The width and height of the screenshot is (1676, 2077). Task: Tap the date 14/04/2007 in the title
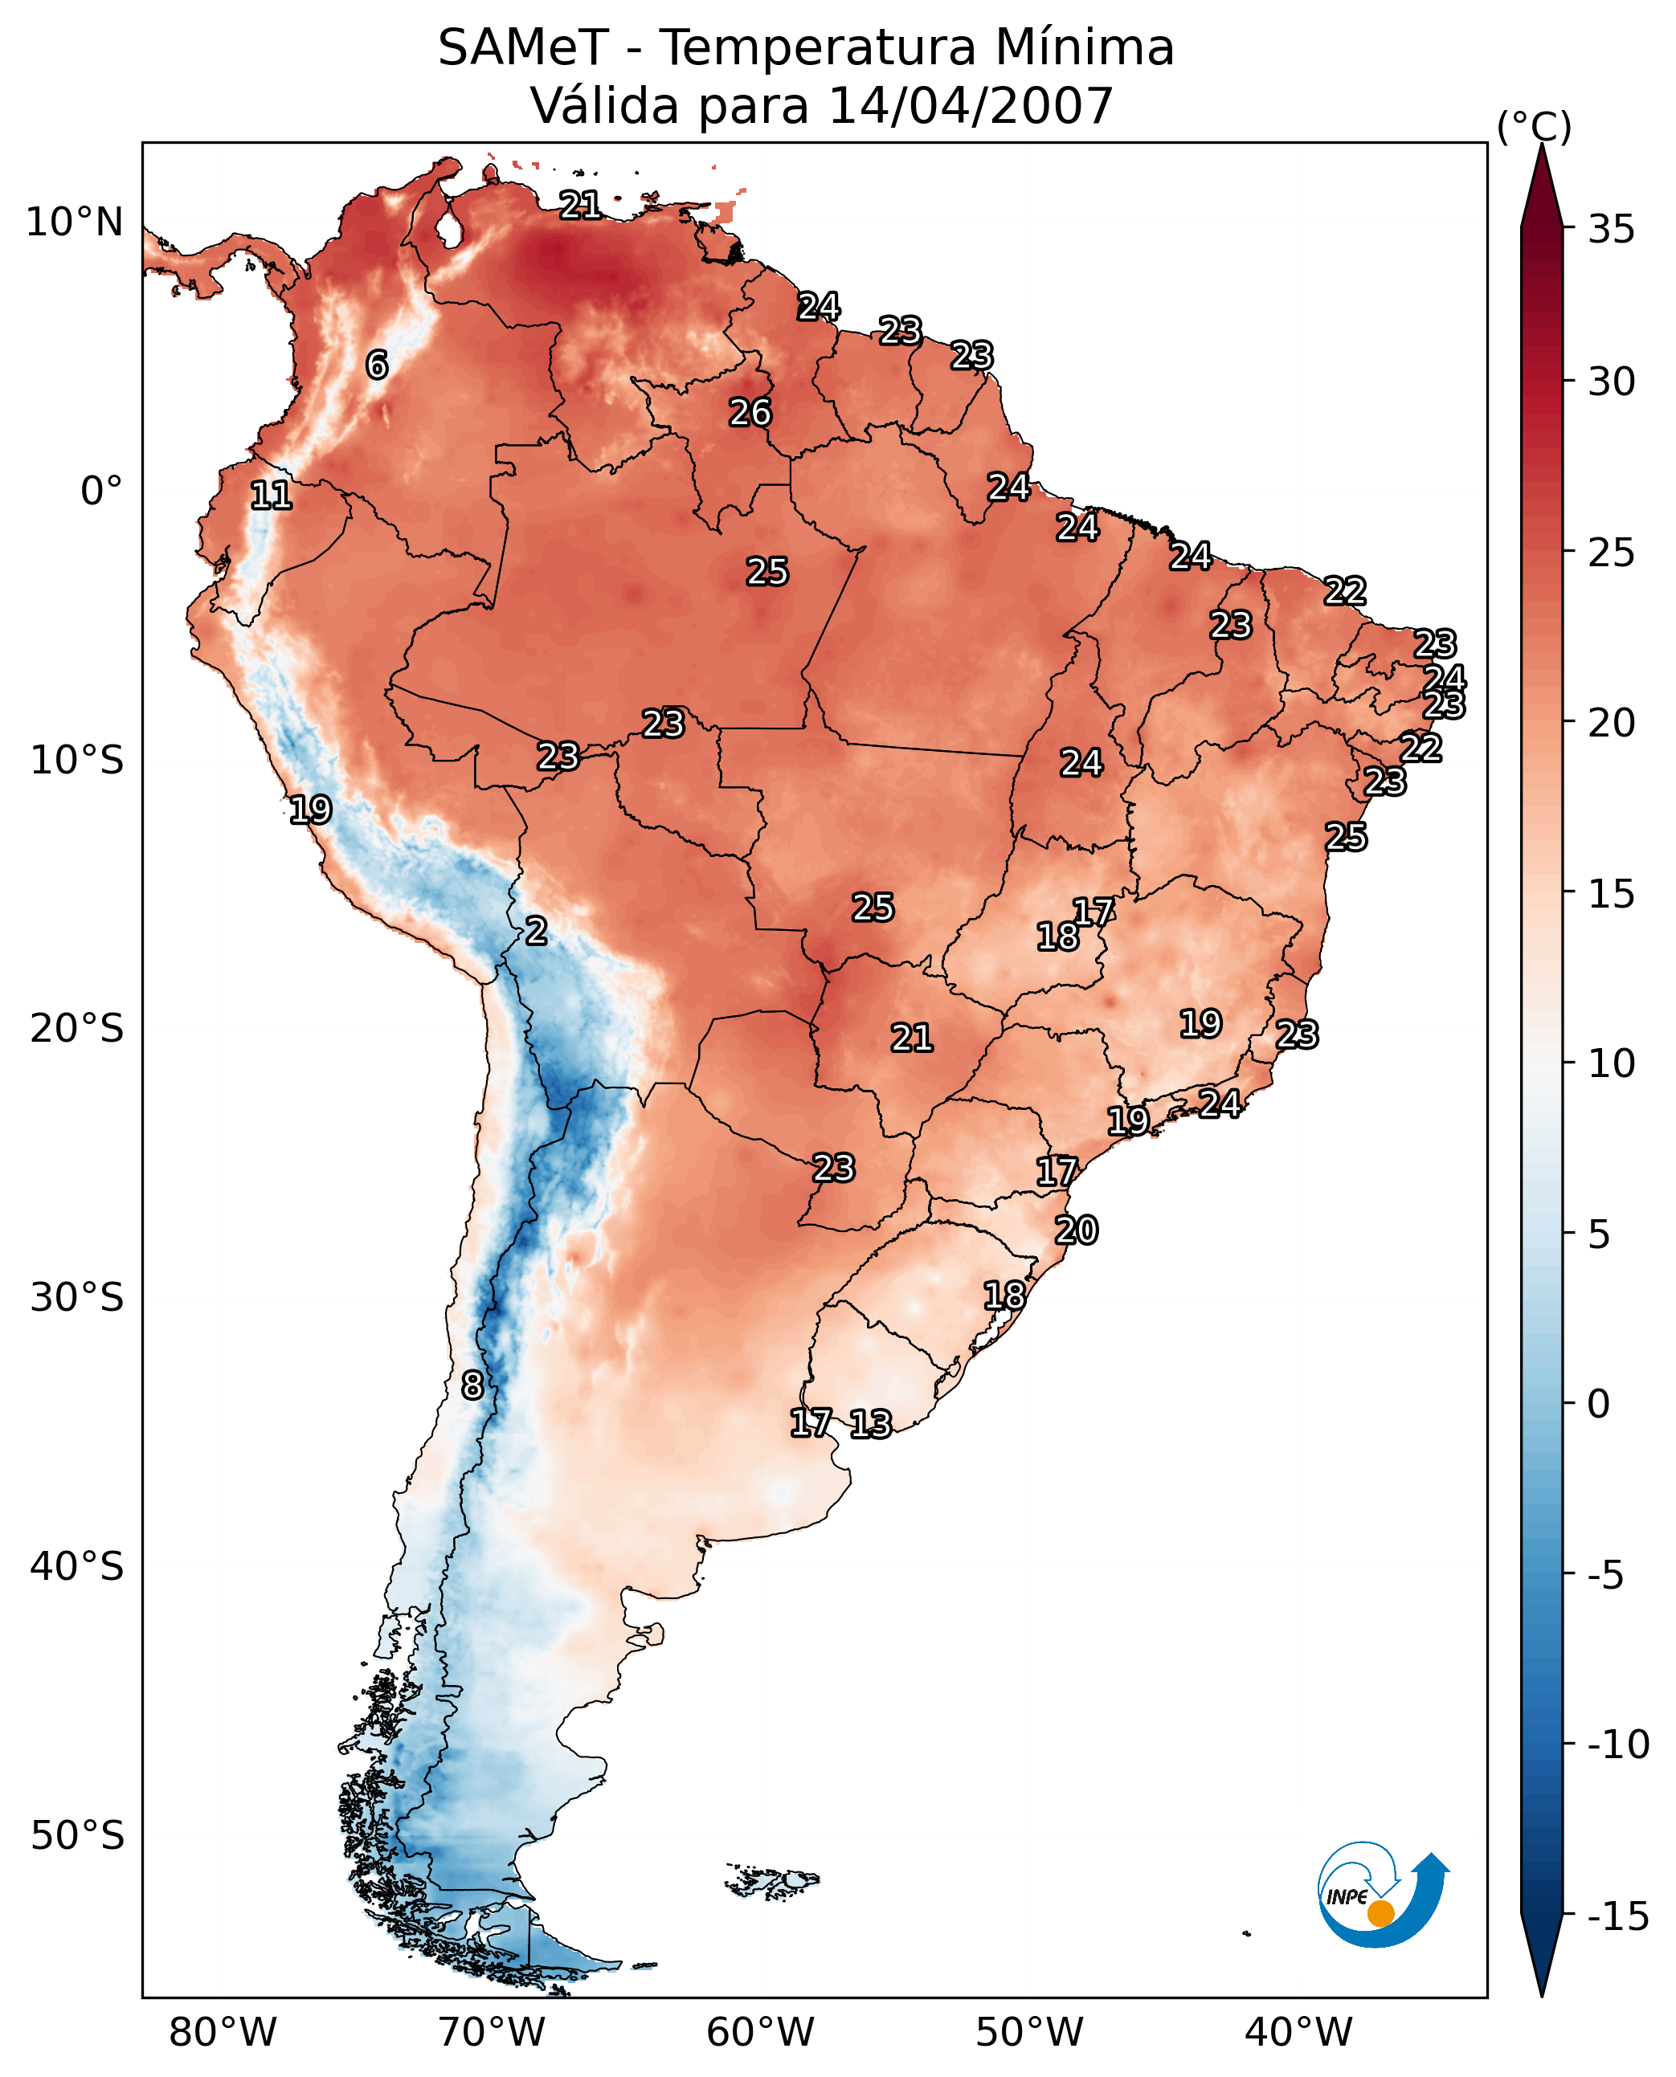(x=971, y=106)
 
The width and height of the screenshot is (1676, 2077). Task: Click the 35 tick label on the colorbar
(x=1611, y=230)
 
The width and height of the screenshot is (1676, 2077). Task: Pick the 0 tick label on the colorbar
(x=1599, y=1404)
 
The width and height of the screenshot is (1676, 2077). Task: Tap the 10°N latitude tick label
(x=75, y=223)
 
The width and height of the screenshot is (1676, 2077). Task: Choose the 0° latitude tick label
(x=101, y=492)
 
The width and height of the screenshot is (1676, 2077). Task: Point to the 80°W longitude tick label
(x=223, y=2032)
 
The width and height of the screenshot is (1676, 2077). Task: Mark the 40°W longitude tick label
(x=1298, y=2032)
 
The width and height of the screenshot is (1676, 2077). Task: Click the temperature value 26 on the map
(x=750, y=413)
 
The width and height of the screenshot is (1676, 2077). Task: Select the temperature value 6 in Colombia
(x=377, y=365)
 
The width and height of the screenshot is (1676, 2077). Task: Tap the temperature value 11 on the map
(x=272, y=496)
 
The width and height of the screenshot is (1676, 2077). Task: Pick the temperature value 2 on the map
(x=536, y=930)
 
